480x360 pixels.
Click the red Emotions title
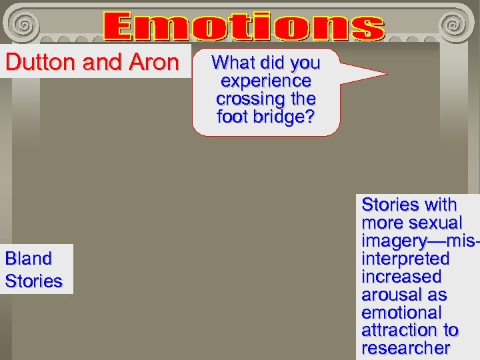pos(244,27)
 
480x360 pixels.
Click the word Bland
pos(28,258)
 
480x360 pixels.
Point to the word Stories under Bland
pos(33,281)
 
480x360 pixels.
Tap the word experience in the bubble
pos(265,81)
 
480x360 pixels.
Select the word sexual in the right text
pos(437,223)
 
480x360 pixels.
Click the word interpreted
pos(405,259)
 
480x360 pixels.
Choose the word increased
pos(401,276)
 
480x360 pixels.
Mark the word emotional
pos(401,312)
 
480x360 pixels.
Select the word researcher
pos(406,348)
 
